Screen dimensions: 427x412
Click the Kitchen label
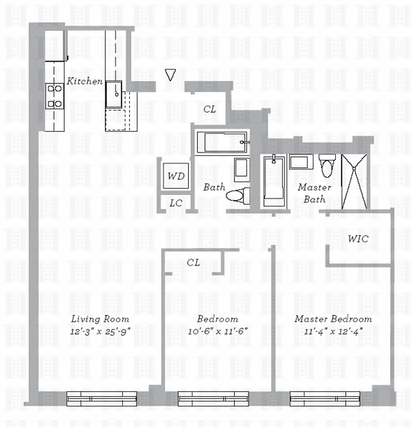coord(84,81)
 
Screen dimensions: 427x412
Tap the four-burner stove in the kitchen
coord(54,96)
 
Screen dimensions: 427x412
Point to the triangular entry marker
coord(170,75)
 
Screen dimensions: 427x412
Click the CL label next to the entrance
coord(210,109)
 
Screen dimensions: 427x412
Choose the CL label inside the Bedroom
coord(193,263)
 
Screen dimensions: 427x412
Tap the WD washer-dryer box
coord(176,176)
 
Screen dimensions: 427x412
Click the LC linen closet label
coord(176,203)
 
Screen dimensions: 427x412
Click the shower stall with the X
coord(354,181)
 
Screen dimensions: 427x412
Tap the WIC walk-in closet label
coord(358,238)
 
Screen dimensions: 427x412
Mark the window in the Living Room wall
coord(101,398)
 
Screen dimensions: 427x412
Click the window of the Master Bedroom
coord(324,398)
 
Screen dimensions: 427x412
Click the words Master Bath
coord(314,193)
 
